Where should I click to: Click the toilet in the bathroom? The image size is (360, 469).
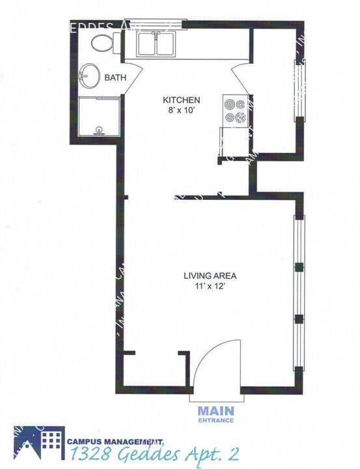click(103, 43)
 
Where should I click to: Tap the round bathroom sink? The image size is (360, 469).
click(89, 76)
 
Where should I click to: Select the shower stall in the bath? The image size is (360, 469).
click(99, 117)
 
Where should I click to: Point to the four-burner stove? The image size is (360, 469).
click(235, 111)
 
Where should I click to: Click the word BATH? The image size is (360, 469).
click(115, 79)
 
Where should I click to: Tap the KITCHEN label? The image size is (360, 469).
click(180, 100)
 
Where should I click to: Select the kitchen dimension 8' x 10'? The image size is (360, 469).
click(180, 110)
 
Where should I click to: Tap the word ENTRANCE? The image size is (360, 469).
click(215, 421)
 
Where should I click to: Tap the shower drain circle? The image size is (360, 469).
click(99, 130)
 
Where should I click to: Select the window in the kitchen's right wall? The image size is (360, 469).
click(300, 91)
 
